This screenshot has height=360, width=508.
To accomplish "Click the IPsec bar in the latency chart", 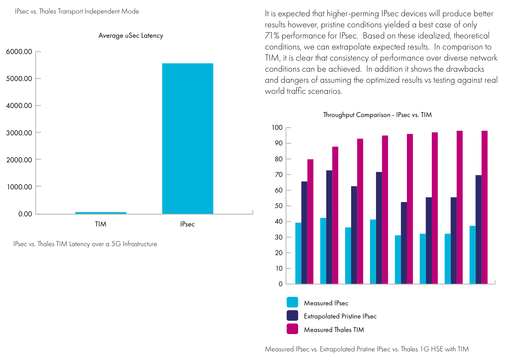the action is pyautogui.click(x=188, y=138).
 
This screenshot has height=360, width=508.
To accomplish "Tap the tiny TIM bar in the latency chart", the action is pyautogui.click(x=101, y=213).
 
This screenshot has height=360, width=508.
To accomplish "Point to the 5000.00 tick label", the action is pyautogui.click(x=19, y=79).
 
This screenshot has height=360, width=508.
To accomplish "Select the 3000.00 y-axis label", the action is pyautogui.click(x=19, y=133).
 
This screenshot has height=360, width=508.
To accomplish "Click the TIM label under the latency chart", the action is pyautogui.click(x=101, y=224).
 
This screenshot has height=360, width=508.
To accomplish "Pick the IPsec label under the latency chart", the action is pyautogui.click(x=187, y=224).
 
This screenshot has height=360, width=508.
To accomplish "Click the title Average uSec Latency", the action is pyautogui.click(x=131, y=36).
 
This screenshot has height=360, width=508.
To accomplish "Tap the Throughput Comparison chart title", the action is pyautogui.click(x=377, y=115).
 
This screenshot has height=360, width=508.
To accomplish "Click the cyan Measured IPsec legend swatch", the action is pyautogui.click(x=292, y=302).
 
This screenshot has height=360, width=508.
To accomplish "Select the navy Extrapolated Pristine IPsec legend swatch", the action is pyautogui.click(x=292, y=316).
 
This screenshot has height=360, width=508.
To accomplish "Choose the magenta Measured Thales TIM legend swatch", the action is pyautogui.click(x=292, y=329).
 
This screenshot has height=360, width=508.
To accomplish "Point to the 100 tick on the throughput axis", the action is pyautogui.click(x=277, y=128).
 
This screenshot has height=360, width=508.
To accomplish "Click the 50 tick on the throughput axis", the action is pyautogui.click(x=279, y=206).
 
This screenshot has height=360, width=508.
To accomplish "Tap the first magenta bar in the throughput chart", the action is pyautogui.click(x=310, y=222).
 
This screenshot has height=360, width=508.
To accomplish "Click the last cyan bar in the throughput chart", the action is pyautogui.click(x=472, y=255).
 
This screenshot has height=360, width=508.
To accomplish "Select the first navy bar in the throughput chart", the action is pyautogui.click(x=304, y=233).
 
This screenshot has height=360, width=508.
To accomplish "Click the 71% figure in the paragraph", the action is pyautogui.click(x=272, y=36).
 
